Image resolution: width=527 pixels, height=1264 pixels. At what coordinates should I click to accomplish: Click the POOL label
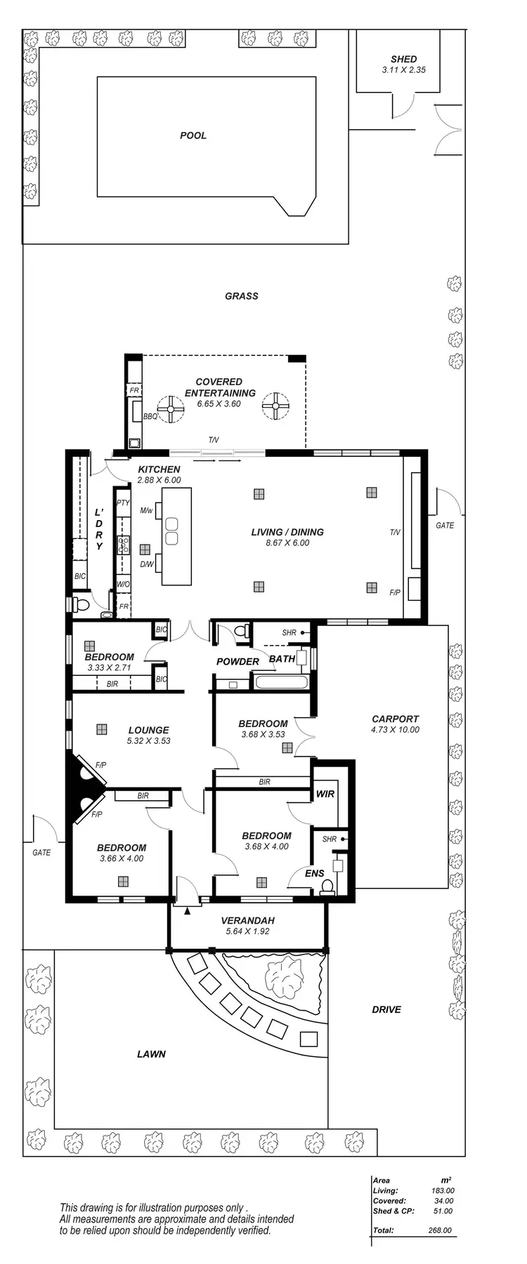[x=193, y=135]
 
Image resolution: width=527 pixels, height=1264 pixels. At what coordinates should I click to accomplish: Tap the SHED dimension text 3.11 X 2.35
[x=403, y=70]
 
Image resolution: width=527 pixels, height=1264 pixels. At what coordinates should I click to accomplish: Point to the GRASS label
[x=242, y=296]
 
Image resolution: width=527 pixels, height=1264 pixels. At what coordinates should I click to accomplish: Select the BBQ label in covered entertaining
[x=150, y=416]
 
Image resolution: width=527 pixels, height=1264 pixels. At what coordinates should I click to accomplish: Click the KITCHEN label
[x=159, y=470]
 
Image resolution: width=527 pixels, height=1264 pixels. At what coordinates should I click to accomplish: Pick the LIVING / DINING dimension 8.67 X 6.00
[x=287, y=543]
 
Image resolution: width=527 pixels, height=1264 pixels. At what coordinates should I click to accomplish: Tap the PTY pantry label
[x=123, y=503]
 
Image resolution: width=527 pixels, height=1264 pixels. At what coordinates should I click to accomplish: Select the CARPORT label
[x=395, y=719]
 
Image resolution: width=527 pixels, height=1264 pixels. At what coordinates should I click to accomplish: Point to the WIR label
[x=325, y=794]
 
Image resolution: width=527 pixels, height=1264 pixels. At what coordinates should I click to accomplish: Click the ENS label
[x=314, y=873]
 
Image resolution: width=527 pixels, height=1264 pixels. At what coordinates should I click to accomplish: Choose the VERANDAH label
[x=247, y=920]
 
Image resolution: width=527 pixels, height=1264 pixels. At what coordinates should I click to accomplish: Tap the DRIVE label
[x=386, y=1009]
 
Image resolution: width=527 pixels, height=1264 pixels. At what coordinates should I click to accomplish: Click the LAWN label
[x=151, y=1053]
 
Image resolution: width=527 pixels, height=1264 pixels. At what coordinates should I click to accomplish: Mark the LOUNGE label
[x=148, y=730]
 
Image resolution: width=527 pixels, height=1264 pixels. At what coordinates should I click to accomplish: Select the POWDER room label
[x=238, y=661]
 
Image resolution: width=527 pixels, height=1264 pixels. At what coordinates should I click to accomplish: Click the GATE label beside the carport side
[x=445, y=525]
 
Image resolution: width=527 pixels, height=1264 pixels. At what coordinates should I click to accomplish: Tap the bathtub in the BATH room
[x=280, y=681]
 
